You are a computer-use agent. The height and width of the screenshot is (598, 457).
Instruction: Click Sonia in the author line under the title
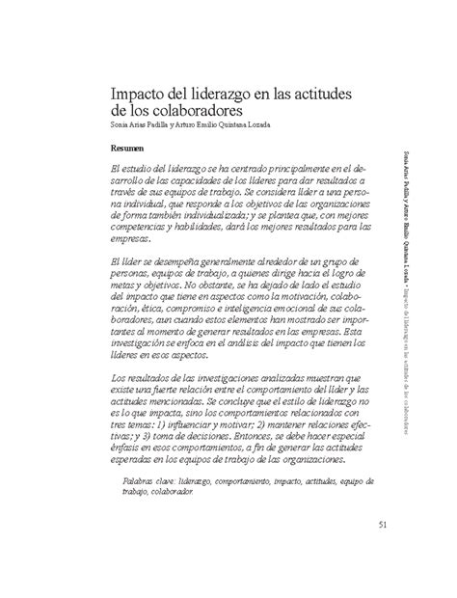[123, 124]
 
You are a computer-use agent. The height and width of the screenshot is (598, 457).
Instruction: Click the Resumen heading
[128, 150]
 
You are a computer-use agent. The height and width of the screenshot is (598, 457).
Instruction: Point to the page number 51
[385, 524]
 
